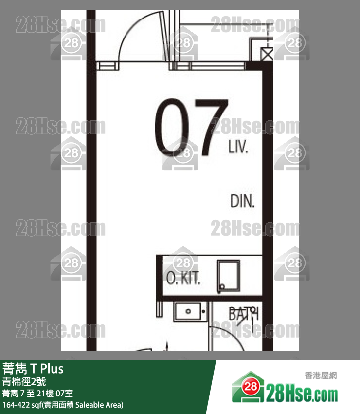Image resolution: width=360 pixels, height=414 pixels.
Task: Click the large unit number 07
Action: point(191,127)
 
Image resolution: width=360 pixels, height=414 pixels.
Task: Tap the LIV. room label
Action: point(238,147)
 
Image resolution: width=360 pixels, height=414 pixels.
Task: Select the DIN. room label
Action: point(242,201)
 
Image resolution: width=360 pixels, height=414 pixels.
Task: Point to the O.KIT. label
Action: point(183,278)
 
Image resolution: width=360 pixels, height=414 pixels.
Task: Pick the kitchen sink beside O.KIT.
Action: point(229,276)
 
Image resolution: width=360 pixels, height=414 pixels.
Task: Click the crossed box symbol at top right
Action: point(267,55)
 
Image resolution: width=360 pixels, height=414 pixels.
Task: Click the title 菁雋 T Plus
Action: point(33,369)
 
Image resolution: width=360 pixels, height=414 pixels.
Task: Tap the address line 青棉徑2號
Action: point(24,381)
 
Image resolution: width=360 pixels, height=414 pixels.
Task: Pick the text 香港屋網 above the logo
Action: point(321,376)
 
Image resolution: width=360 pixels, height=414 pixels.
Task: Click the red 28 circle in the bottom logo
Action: point(251,387)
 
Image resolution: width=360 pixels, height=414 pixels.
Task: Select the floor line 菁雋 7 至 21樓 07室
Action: point(38,394)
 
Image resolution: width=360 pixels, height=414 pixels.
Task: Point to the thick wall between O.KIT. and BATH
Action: point(212,299)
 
